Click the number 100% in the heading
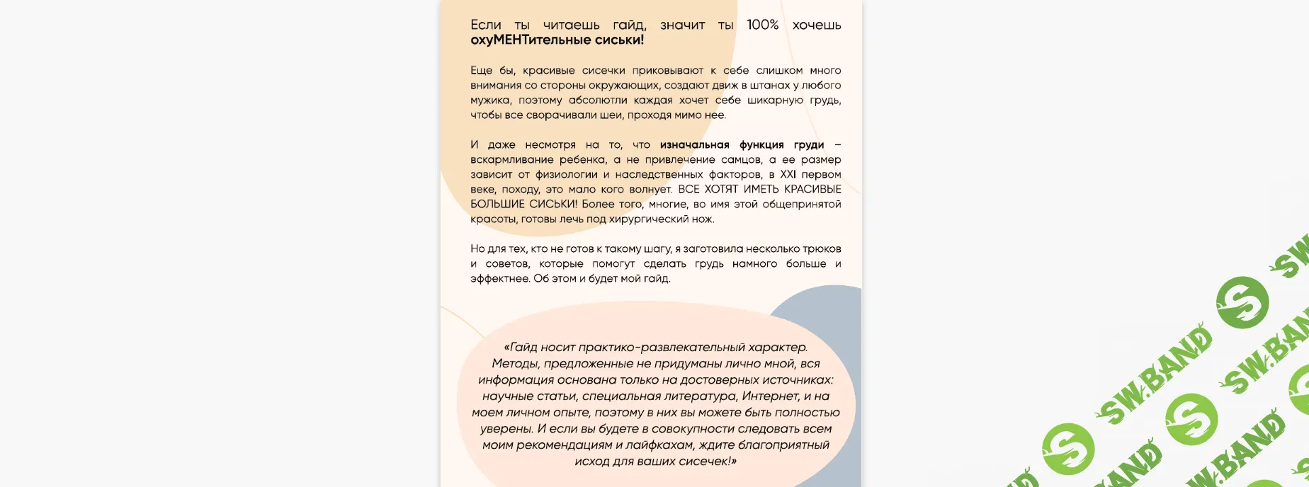[x=762, y=25]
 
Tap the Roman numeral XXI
[x=788, y=174]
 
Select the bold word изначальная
[x=694, y=144]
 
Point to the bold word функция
[x=761, y=144]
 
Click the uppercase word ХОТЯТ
[x=721, y=189]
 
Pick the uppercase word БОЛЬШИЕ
[x=497, y=204]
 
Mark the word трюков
[x=822, y=248]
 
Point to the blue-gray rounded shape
[x=829, y=311]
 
